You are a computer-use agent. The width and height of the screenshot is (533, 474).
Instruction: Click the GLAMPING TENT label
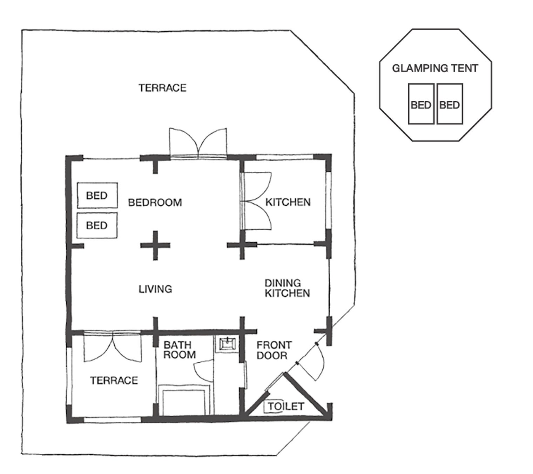[435, 68]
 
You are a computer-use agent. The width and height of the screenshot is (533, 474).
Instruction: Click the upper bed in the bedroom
[97, 195]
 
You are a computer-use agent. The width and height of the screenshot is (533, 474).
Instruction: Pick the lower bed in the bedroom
[97, 225]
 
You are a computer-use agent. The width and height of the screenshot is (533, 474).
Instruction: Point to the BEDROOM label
[155, 203]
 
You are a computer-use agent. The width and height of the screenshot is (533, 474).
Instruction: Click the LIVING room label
[155, 289]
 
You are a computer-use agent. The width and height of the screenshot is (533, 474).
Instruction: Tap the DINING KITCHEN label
[287, 288]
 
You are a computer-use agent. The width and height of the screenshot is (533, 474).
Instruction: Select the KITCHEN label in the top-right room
[288, 202]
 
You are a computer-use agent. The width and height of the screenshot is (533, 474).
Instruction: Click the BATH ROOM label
[180, 350]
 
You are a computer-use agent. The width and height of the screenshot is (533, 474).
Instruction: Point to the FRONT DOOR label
[274, 350]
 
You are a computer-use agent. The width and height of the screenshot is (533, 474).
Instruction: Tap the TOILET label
[285, 407]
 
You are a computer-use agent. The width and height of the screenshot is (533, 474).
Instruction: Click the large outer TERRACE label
[162, 88]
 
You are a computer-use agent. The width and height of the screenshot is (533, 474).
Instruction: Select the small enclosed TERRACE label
[114, 380]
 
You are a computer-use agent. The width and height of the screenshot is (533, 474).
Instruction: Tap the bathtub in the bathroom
[182, 400]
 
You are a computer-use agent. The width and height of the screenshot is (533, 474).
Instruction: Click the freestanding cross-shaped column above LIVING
[155, 245]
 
